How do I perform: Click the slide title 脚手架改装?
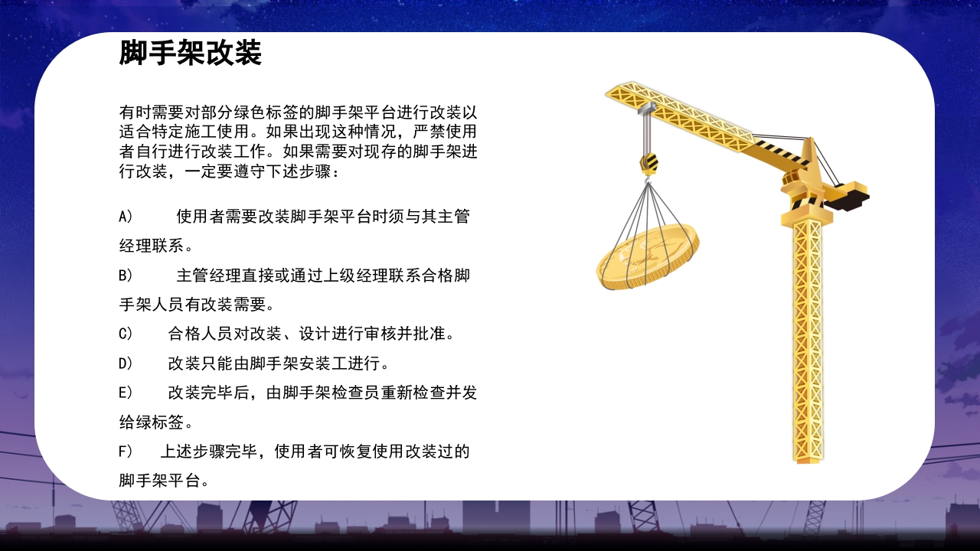pyautogui.click(x=191, y=54)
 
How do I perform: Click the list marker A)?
pyautogui.click(x=126, y=217)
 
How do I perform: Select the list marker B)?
pyautogui.click(x=126, y=275)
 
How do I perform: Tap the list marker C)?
pyautogui.click(x=126, y=334)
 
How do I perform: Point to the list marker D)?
pyautogui.click(x=126, y=364)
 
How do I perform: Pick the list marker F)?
pyautogui.click(x=126, y=452)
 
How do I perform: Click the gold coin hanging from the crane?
pyautogui.click(x=648, y=256)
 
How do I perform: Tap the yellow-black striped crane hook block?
pyautogui.click(x=648, y=162)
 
